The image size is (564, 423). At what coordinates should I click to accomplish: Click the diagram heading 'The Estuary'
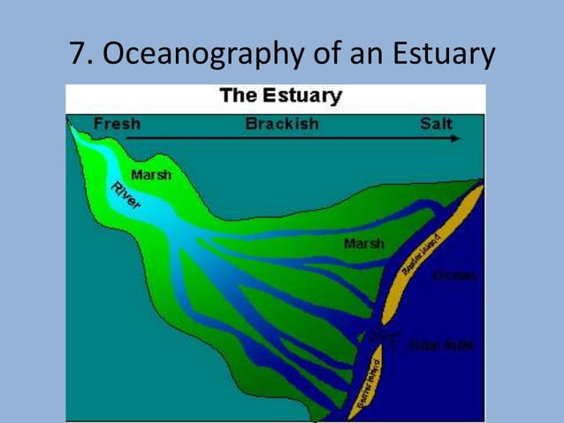coord(281,96)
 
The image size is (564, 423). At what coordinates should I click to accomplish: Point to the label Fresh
coord(117,124)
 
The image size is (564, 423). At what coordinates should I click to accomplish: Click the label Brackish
coord(282,124)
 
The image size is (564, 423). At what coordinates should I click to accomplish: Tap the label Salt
coord(436,124)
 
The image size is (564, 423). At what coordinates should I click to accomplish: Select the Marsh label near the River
coord(150,174)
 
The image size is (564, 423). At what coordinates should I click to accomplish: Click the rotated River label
coord(126,196)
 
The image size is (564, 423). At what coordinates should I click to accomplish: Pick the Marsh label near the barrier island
coord(364,243)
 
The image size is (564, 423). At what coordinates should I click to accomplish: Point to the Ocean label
coord(456,276)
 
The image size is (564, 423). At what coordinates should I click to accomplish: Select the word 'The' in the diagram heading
coord(237,96)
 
